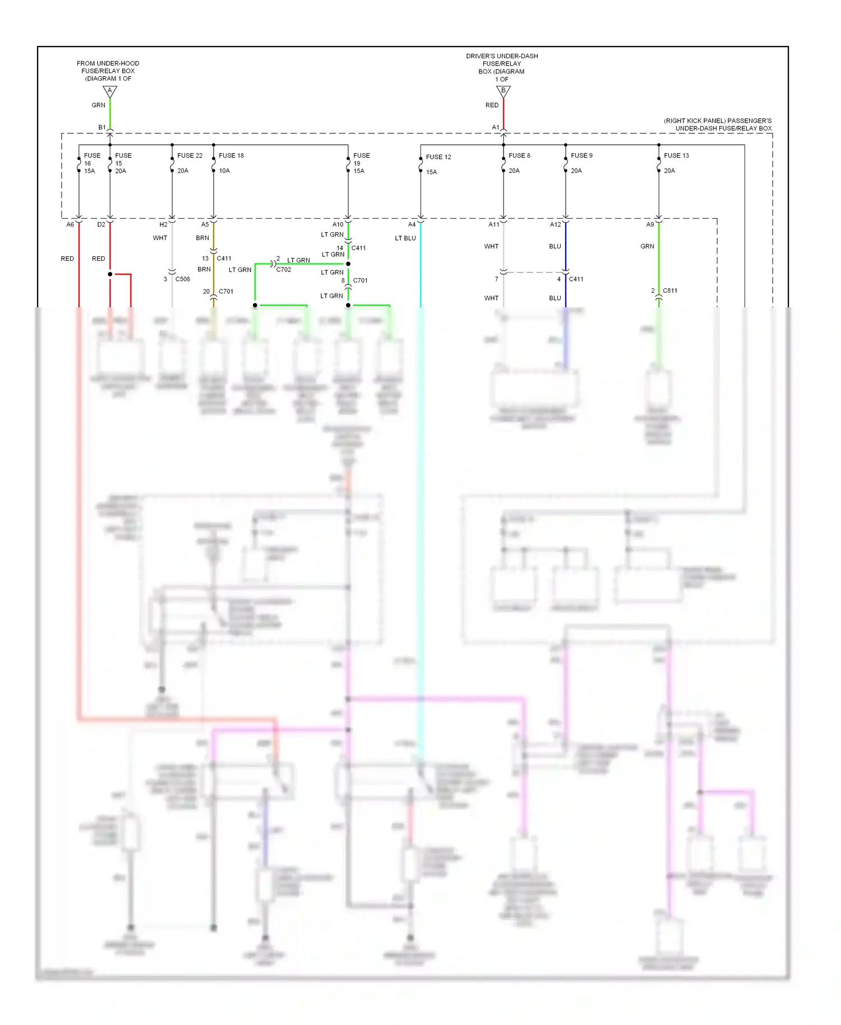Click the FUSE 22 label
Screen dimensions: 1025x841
(190, 155)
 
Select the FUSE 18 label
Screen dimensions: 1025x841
(231, 155)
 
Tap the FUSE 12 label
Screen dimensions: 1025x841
(438, 157)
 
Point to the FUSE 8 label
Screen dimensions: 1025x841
(519, 155)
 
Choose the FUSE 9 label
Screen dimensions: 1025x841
(581, 155)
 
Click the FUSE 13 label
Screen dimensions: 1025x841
(676, 155)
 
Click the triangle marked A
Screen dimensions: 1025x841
(110, 91)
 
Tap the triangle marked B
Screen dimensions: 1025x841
(503, 91)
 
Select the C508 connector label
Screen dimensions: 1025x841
(182, 279)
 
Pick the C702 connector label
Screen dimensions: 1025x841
(284, 270)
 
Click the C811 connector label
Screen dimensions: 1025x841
(670, 290)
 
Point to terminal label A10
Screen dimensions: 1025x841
(338, 224)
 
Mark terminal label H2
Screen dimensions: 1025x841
(163, 224)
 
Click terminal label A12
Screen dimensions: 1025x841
(555, 224)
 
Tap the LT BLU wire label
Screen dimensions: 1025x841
(405, 238)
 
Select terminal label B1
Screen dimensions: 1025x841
(102, 127)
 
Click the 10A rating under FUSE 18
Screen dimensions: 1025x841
(224, 170)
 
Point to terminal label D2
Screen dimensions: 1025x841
(101, 224)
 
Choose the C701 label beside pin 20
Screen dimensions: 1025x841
(226, 291)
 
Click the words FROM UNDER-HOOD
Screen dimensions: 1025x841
(108, 63)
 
